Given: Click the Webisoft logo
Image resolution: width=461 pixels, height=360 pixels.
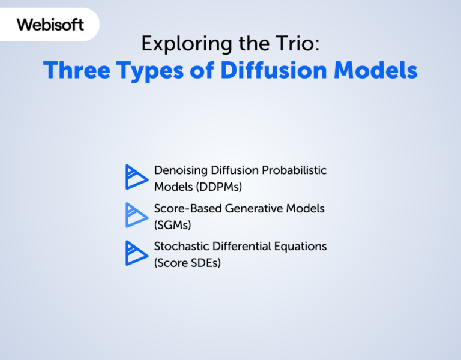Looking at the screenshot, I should pyautogui.click(x=50, y=25).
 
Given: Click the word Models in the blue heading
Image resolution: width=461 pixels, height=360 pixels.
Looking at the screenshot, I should pyautogui.click(x=375, y=70).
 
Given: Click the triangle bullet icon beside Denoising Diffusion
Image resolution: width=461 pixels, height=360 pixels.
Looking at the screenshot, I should pyautogui.click(x=136, y=177).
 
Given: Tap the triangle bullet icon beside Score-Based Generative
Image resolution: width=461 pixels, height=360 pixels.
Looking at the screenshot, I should pyautogui.click(x=136, y=215).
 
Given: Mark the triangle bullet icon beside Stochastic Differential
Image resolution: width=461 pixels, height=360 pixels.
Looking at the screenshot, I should pyautogui.click(x=136, y=253).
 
